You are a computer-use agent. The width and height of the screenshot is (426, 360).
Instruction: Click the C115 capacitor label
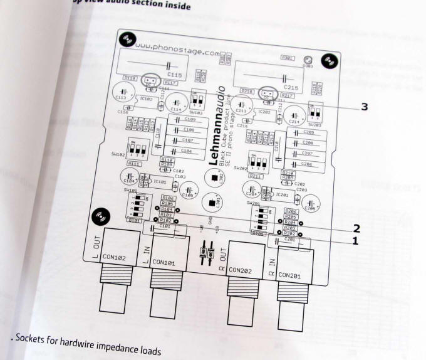coord(175,75)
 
